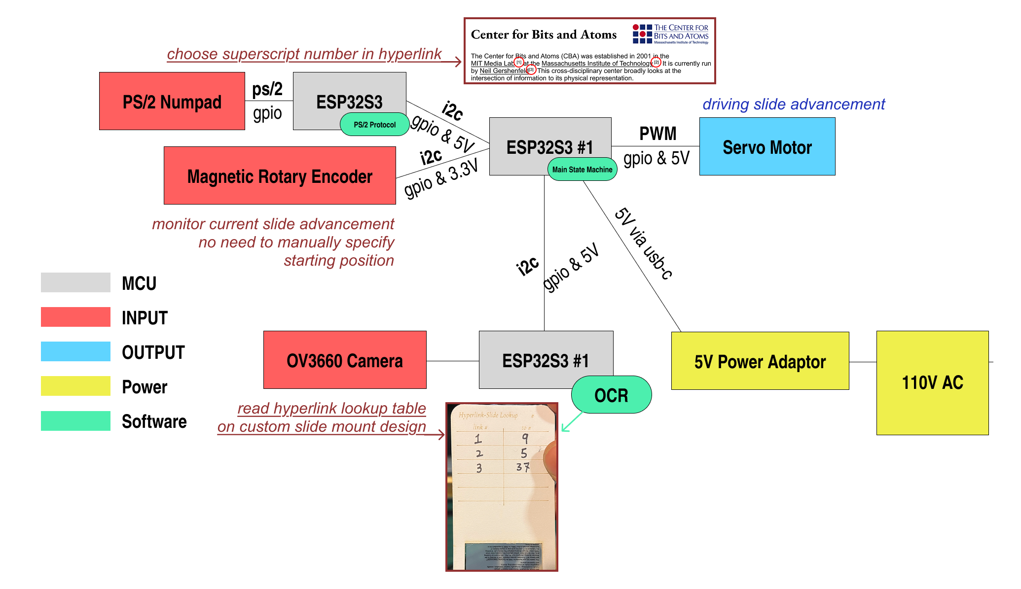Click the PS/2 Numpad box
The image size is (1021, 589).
click(172, 101)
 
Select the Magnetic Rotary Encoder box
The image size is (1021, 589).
click(280, 175)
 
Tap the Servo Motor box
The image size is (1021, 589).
click(767, 146)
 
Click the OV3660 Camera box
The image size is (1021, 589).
click(345, 360)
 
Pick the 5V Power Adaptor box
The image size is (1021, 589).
click(760, 361)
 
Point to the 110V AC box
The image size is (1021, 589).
click(932, 382)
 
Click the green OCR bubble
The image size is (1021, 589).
click(611, 395)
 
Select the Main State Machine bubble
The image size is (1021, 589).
click(582, 169)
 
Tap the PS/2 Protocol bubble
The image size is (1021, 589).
click(374, 124)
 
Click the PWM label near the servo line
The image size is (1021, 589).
click(657, 134)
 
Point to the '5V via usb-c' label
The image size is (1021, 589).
click(643, 244)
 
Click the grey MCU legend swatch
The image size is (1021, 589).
click(75, 282)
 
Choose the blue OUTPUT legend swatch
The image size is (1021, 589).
click(75, 351)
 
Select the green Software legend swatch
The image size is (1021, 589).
click(75, 421)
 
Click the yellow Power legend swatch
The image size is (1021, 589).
click(75, 386)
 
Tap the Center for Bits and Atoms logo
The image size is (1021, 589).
click(670, 34)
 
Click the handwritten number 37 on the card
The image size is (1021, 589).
click(523, 467)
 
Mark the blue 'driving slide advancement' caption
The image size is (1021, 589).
click(794, 104)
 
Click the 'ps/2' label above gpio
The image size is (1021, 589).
click(267, 89)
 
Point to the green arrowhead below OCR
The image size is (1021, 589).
click(564, 429)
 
